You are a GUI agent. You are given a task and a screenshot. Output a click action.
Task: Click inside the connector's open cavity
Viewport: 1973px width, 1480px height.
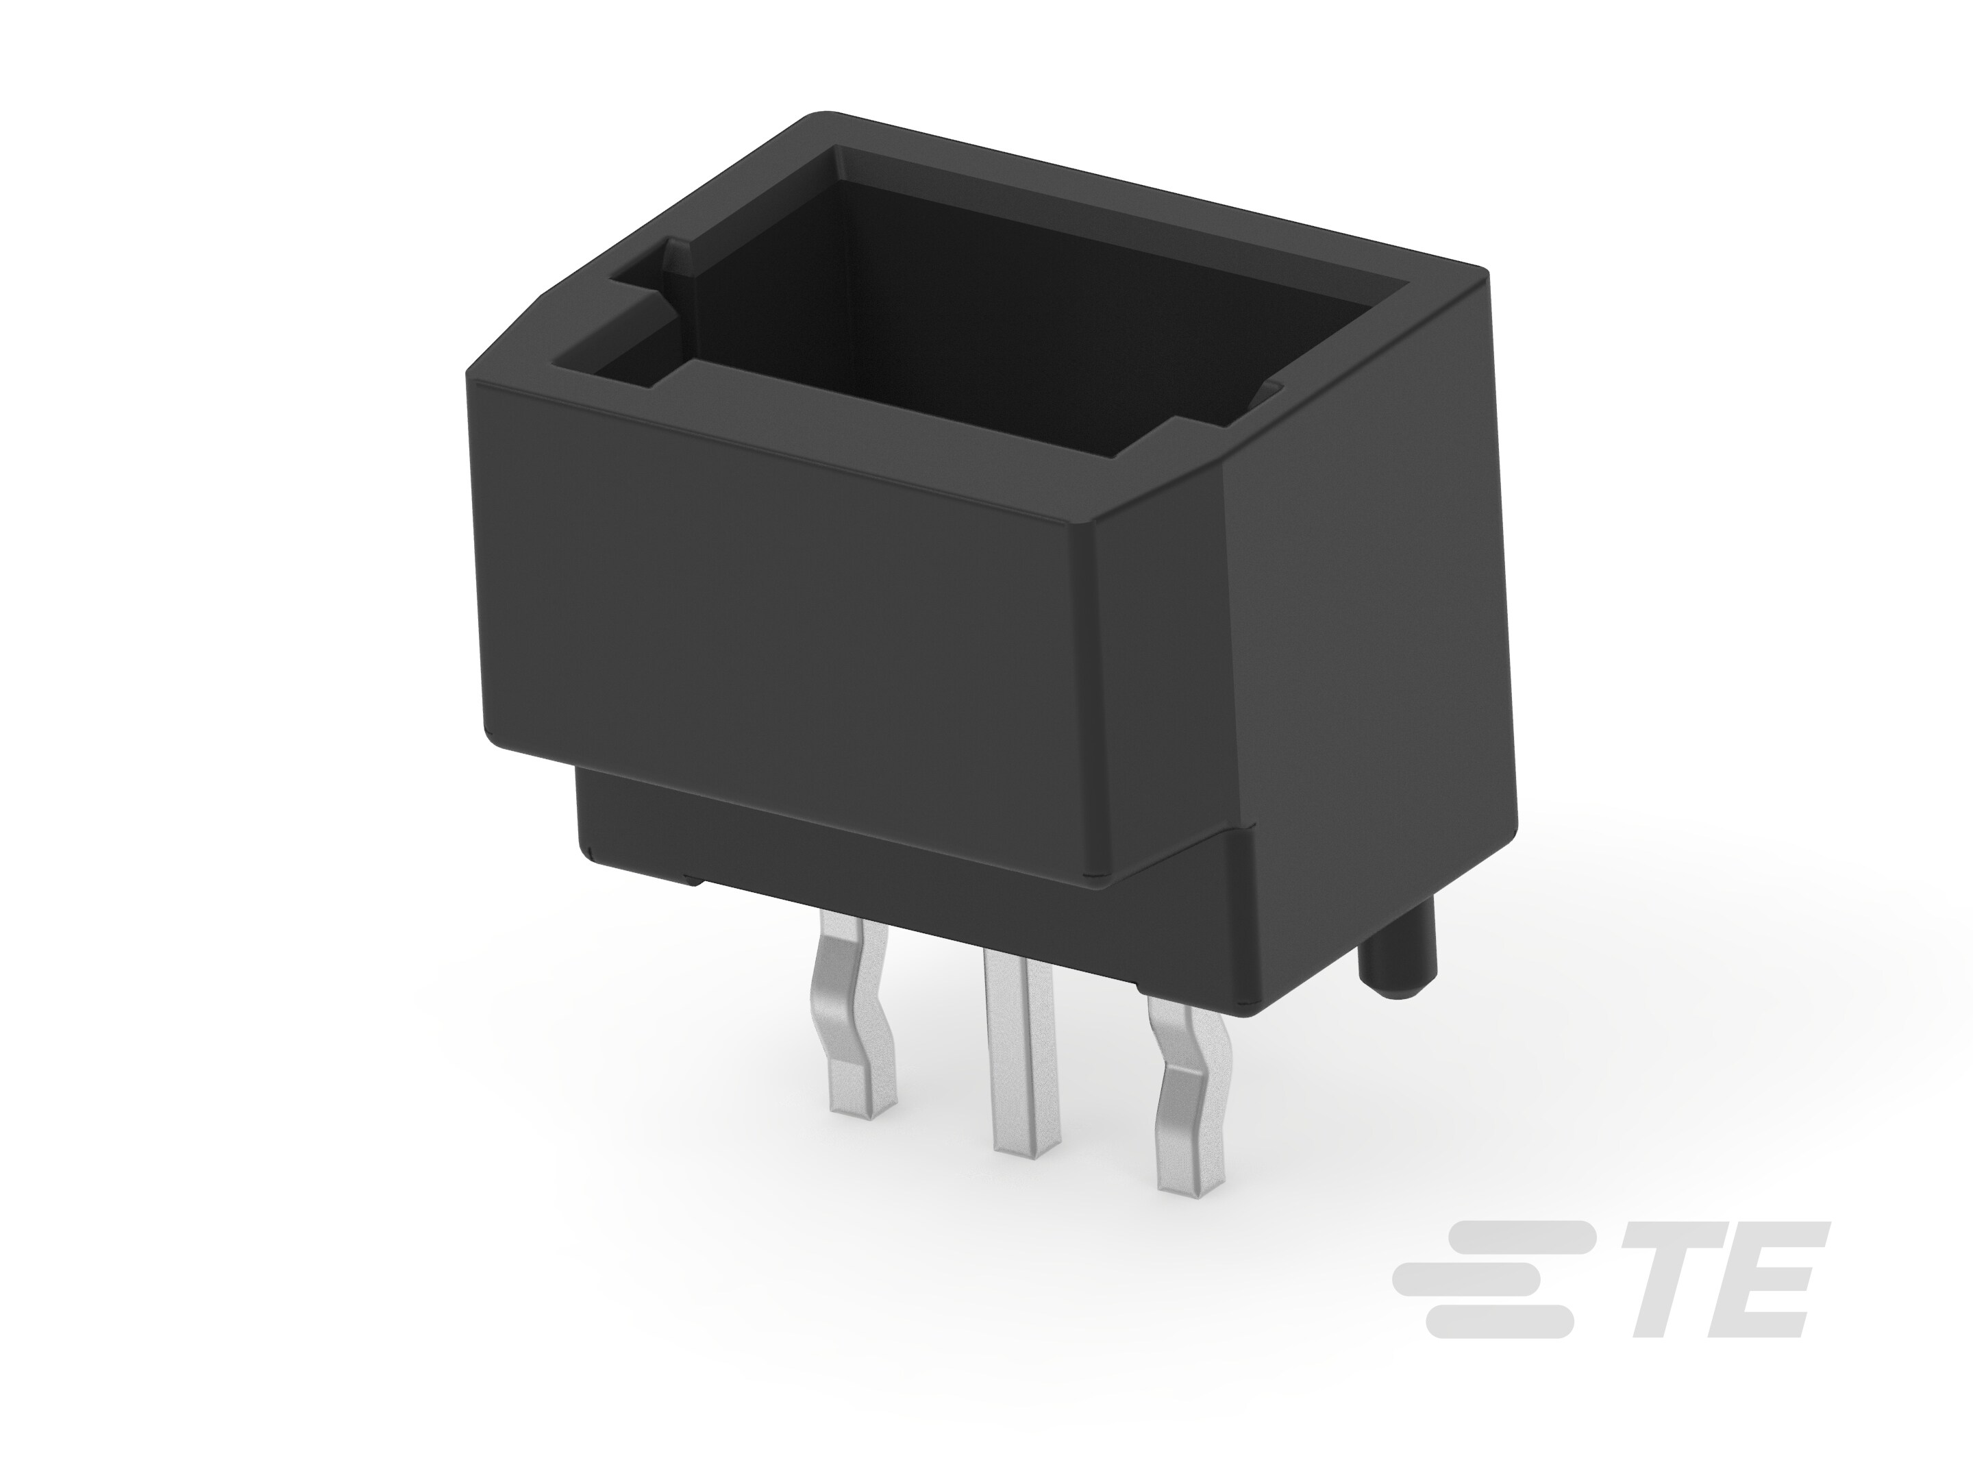(981, 312)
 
